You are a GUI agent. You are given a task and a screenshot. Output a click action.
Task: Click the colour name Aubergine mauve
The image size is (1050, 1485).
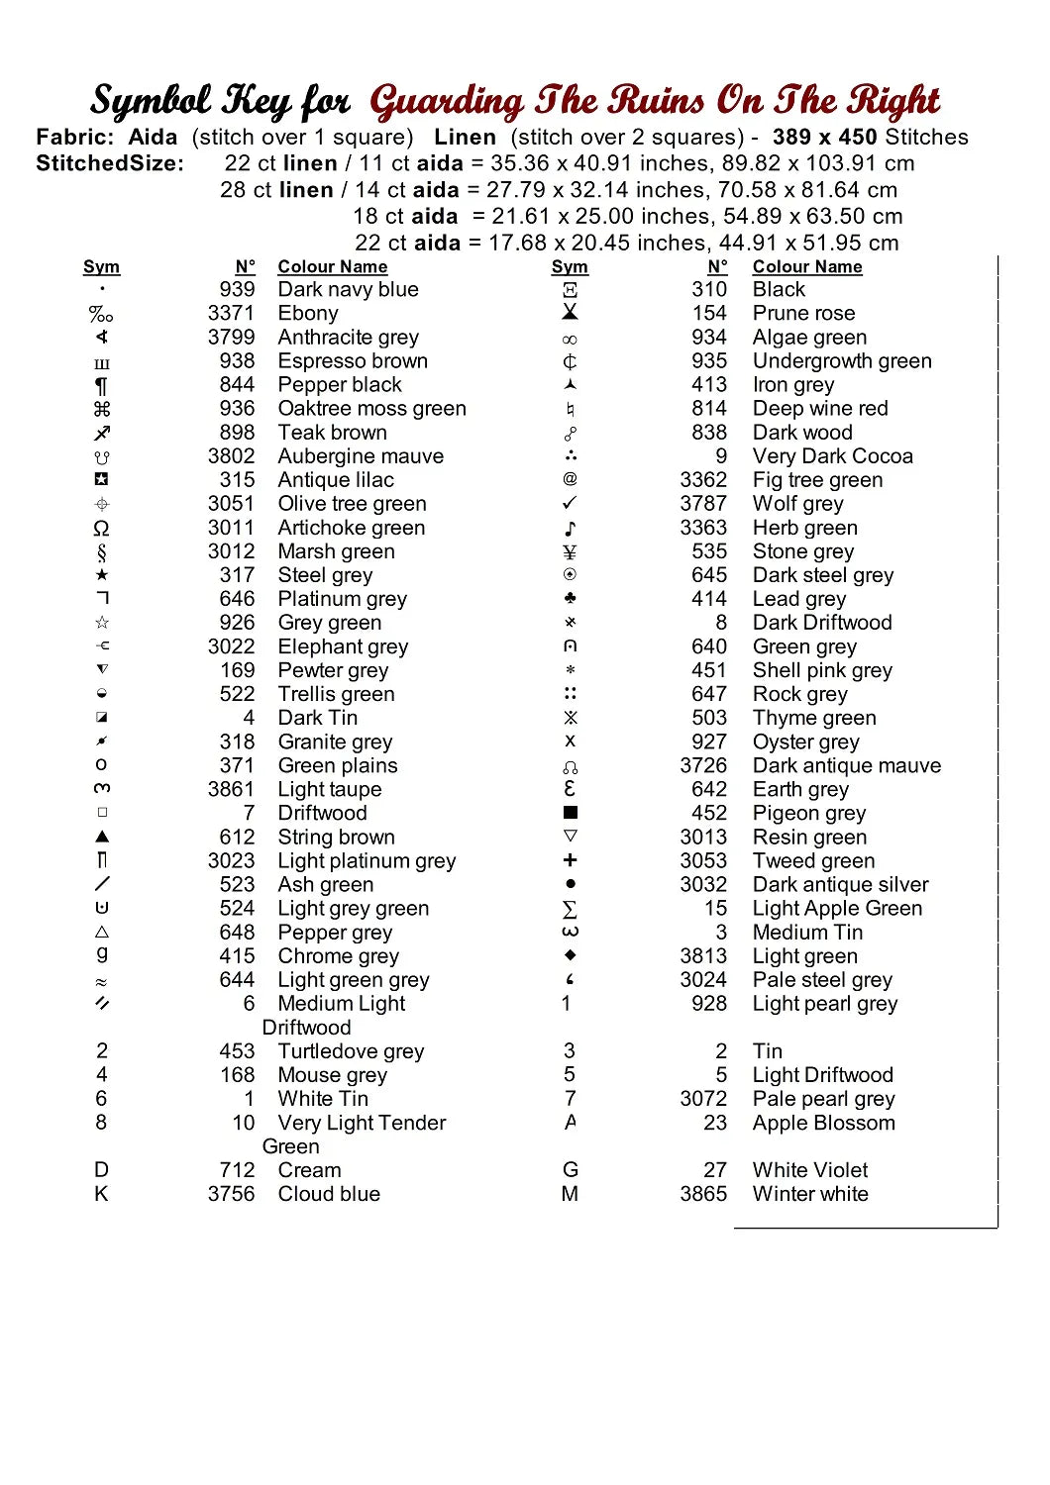coord(361,456)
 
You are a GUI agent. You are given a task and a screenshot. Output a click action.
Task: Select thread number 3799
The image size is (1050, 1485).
coord(231,338)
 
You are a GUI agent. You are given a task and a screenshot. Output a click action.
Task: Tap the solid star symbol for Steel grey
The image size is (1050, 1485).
coord(102,575)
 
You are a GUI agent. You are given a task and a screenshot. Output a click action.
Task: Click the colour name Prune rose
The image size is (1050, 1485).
coord(803,314)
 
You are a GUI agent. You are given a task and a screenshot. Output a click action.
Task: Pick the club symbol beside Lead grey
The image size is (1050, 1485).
coord(570,599)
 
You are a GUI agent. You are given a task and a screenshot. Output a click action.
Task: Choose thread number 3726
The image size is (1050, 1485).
coord(703,765)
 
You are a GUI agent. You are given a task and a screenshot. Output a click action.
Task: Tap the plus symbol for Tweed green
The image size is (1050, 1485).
coord(570,860)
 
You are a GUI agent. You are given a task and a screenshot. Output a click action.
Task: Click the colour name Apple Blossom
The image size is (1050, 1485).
coord(823,1123)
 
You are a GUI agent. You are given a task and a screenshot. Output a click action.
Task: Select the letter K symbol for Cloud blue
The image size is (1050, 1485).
coord(101,1194)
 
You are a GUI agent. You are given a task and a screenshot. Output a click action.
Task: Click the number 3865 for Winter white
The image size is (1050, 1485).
coord(703,1194)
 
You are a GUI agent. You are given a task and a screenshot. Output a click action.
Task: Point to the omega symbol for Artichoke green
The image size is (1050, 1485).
coord(101,528)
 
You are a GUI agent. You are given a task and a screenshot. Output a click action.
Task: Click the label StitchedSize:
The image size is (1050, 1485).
coord(110,163)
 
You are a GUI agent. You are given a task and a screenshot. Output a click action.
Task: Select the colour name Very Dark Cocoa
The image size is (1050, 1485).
coord(832,456)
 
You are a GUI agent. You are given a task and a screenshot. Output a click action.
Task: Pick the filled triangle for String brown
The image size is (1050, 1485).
coord(102,837)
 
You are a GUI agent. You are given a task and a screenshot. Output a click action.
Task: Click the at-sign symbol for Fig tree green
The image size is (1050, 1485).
coord(570,480)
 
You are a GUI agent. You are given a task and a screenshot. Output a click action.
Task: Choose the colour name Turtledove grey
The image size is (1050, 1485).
coord(351,1051)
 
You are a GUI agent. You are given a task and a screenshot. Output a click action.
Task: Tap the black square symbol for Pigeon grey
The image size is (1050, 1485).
coord(570,813)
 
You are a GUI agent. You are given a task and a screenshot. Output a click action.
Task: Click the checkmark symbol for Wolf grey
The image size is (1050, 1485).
coord(570,504)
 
